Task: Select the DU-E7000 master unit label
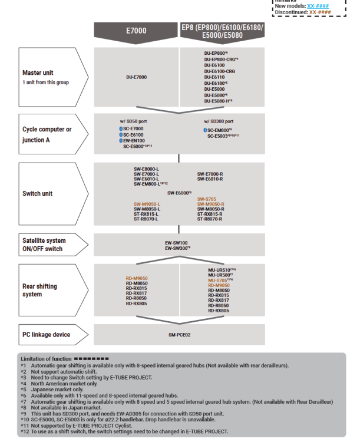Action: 136,77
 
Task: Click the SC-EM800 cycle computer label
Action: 218,130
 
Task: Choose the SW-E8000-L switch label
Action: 146,169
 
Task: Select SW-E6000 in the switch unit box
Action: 179,193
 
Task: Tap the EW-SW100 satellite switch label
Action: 176,242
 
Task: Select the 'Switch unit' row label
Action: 38,193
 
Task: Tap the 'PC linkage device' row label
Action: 47,335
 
